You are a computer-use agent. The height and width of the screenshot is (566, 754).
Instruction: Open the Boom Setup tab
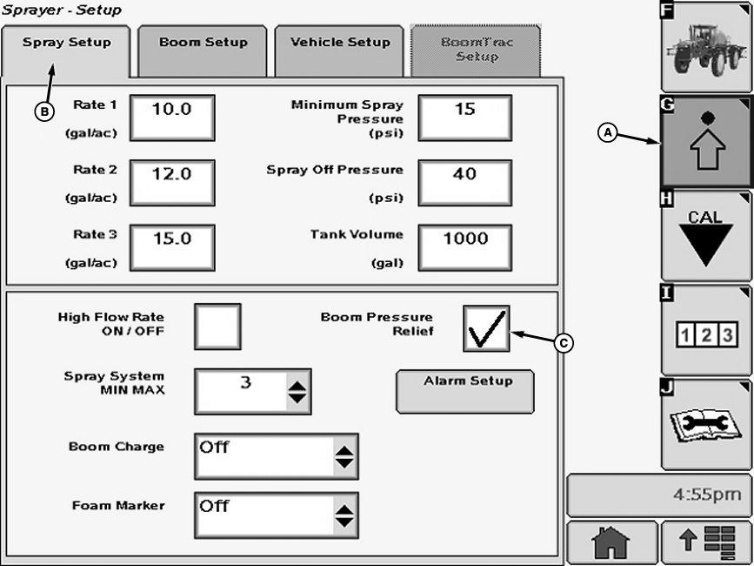pos(203,51)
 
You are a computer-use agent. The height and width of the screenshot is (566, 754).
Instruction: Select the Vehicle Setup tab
pos(339,51)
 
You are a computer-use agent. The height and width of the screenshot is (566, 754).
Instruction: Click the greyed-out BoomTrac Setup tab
pos(476,51)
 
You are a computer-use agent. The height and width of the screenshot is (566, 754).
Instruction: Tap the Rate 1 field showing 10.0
pos(172,118)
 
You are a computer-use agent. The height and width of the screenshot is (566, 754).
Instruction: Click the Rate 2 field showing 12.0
pos(172,183)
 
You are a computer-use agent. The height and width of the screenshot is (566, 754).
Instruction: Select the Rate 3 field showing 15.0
pos(172,248)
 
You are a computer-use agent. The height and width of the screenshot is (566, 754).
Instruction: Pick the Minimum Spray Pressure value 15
pos(465,118)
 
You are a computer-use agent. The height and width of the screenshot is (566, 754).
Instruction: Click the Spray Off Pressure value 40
pos(465,183)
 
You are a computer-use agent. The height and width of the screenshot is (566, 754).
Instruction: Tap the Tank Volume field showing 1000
pos(465,248)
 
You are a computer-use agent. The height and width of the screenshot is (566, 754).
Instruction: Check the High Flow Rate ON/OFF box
pos(217,327)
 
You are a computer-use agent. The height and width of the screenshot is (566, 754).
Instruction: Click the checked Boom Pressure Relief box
pos(487,328)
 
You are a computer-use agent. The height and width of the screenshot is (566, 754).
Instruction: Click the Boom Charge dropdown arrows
pos(344,457)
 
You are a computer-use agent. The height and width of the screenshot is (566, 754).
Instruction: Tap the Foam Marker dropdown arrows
pos(344,515)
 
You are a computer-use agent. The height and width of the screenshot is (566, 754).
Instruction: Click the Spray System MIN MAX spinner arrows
pos(297,392)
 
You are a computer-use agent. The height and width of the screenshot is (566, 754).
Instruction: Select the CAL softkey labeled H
pos(706,235)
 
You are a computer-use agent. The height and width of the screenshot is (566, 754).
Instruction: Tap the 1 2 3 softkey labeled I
pos(706,330)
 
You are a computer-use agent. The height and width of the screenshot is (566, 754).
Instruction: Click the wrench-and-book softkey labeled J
pos(706,425)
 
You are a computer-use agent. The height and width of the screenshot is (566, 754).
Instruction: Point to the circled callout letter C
pos(564,343)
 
